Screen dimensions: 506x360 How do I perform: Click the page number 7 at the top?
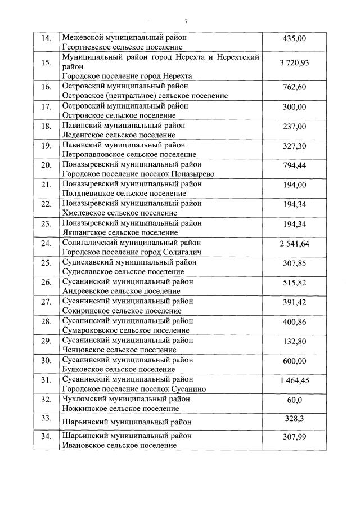point(186,21)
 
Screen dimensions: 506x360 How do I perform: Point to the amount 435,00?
point(294,38)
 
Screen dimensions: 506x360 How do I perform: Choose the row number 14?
point(47,38)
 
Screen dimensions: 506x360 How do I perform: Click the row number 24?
point(47,244)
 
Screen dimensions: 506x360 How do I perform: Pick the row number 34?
point(47,436)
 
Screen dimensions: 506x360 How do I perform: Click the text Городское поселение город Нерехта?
point(127,76)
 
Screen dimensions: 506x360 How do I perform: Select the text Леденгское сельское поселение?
point(118,135)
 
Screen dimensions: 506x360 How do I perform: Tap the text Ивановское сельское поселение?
point(119,445)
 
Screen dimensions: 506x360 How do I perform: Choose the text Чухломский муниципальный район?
point(125,398)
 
